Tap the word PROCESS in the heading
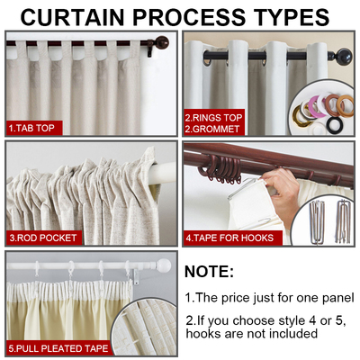coord(199,17)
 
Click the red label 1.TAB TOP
coord(33,128)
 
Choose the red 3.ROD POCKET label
coord(44,238)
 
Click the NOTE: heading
coord(209,272)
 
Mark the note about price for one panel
coord(269,297)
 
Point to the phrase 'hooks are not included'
coord(251,334)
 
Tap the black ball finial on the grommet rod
coord(345,55)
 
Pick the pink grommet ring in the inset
coord(318,105)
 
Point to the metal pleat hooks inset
coord(329,222)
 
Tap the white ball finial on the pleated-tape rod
coord(163,266)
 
